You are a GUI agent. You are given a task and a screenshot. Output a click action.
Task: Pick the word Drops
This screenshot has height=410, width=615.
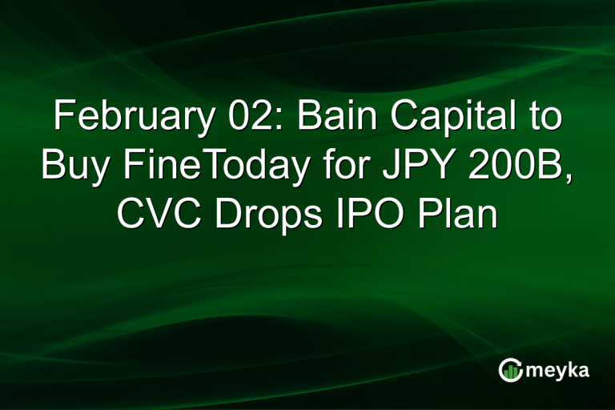tap(262, 215)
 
